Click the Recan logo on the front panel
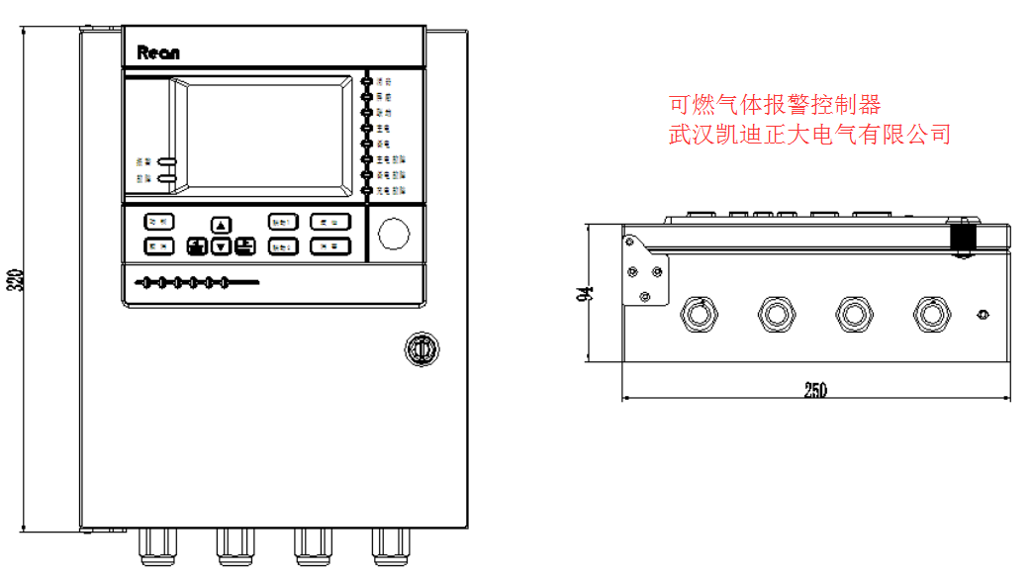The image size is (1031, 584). [x=157, y=52]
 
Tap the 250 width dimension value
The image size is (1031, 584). [x=814, y=390]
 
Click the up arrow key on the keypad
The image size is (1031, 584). [x=222, y=225]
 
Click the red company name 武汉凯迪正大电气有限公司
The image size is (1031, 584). [x=809, y=134]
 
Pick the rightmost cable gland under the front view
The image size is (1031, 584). [x=388, y=545]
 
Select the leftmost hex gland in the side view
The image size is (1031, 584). [x=698, y=314]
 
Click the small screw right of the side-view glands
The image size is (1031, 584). [x=982, y=315]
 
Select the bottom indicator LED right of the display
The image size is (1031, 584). [x=368, y=188]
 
